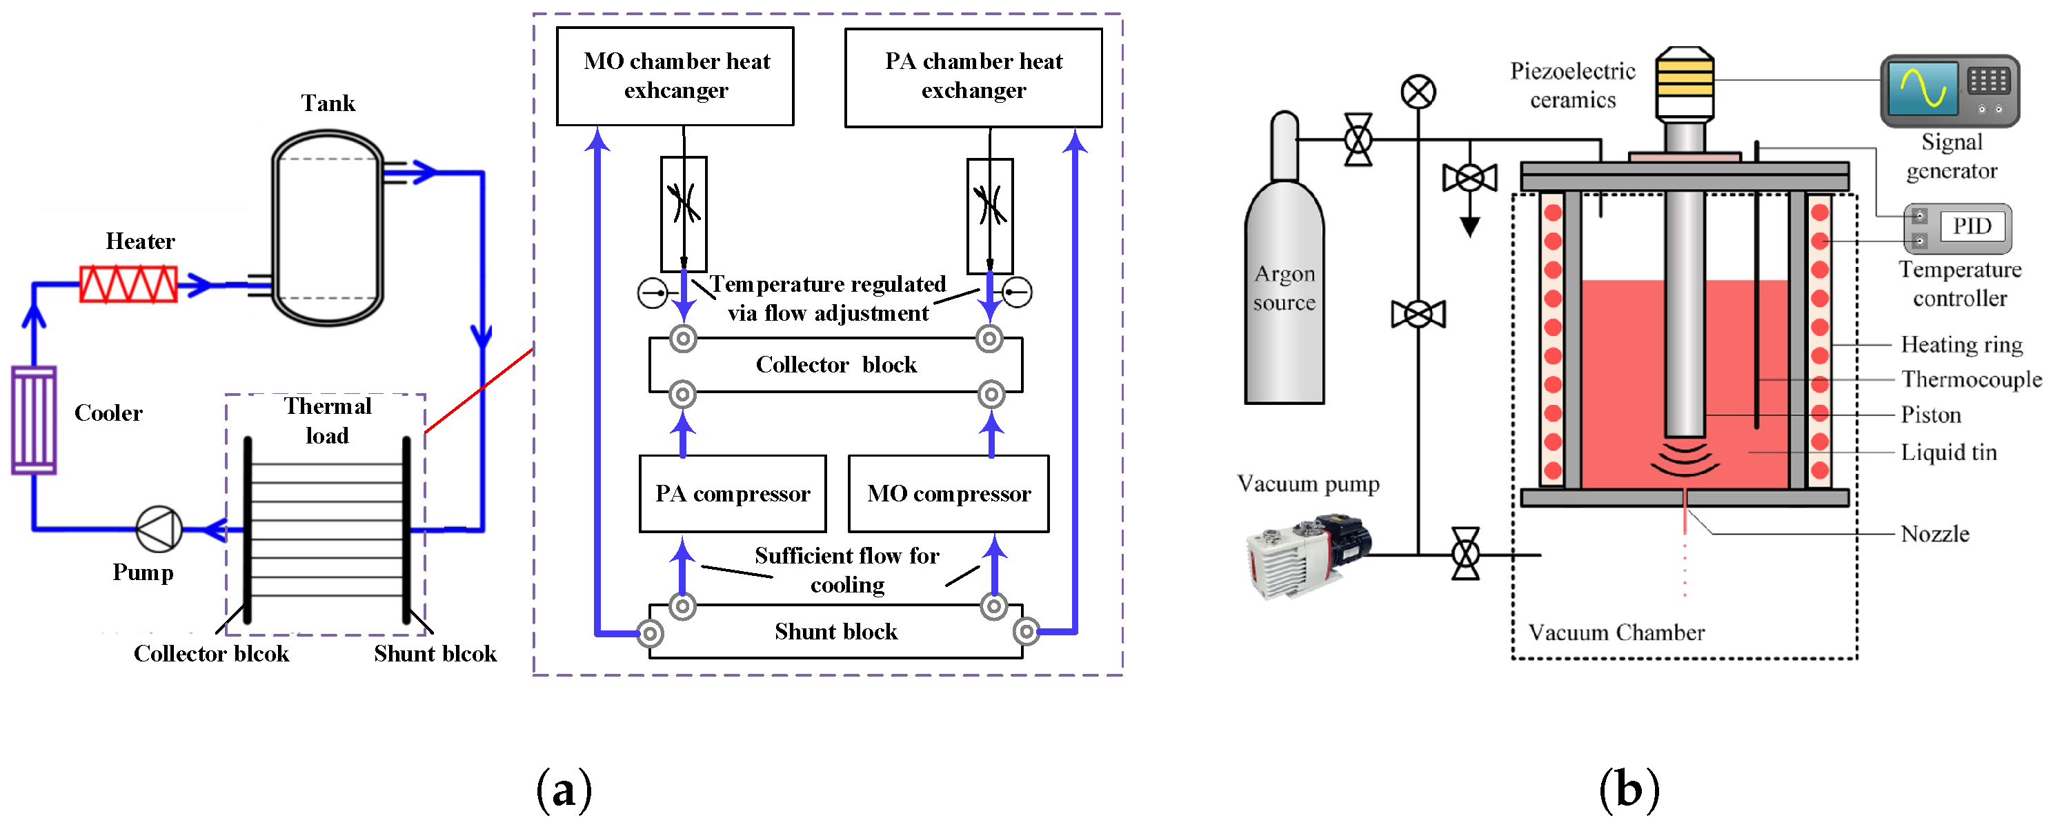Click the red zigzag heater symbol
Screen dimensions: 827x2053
click(x=128, y=284)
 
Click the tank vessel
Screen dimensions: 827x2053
click(x=328, y=229)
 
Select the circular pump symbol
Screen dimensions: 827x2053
click(x=159, y=529)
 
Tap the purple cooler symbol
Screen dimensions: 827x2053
click(x=34, y=420)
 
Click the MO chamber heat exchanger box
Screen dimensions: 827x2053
click(x=675, y=77)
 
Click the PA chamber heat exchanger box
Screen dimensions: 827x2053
click(x=973, y=77)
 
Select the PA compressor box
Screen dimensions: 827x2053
click(x=733, y=494)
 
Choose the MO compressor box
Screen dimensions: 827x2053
click(x=949, y=494)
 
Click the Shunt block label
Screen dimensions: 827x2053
click(x=835, y=632)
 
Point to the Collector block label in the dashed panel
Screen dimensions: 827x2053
click(x=835, y=365)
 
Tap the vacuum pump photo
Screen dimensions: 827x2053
click(x=1307, y=554)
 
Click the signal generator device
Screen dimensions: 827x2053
click(x=1950, y=91)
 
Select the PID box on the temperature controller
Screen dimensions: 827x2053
click(x=1971, y=226)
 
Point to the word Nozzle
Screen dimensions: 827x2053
click(x=1934, y=534)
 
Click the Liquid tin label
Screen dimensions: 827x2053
click(x=1948, y=452)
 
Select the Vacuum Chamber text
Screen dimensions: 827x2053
click(x=1616, y=632)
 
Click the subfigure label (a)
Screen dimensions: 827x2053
click(x=564, y=790)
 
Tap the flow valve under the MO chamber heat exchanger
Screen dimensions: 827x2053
click(x=684, y=214)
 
